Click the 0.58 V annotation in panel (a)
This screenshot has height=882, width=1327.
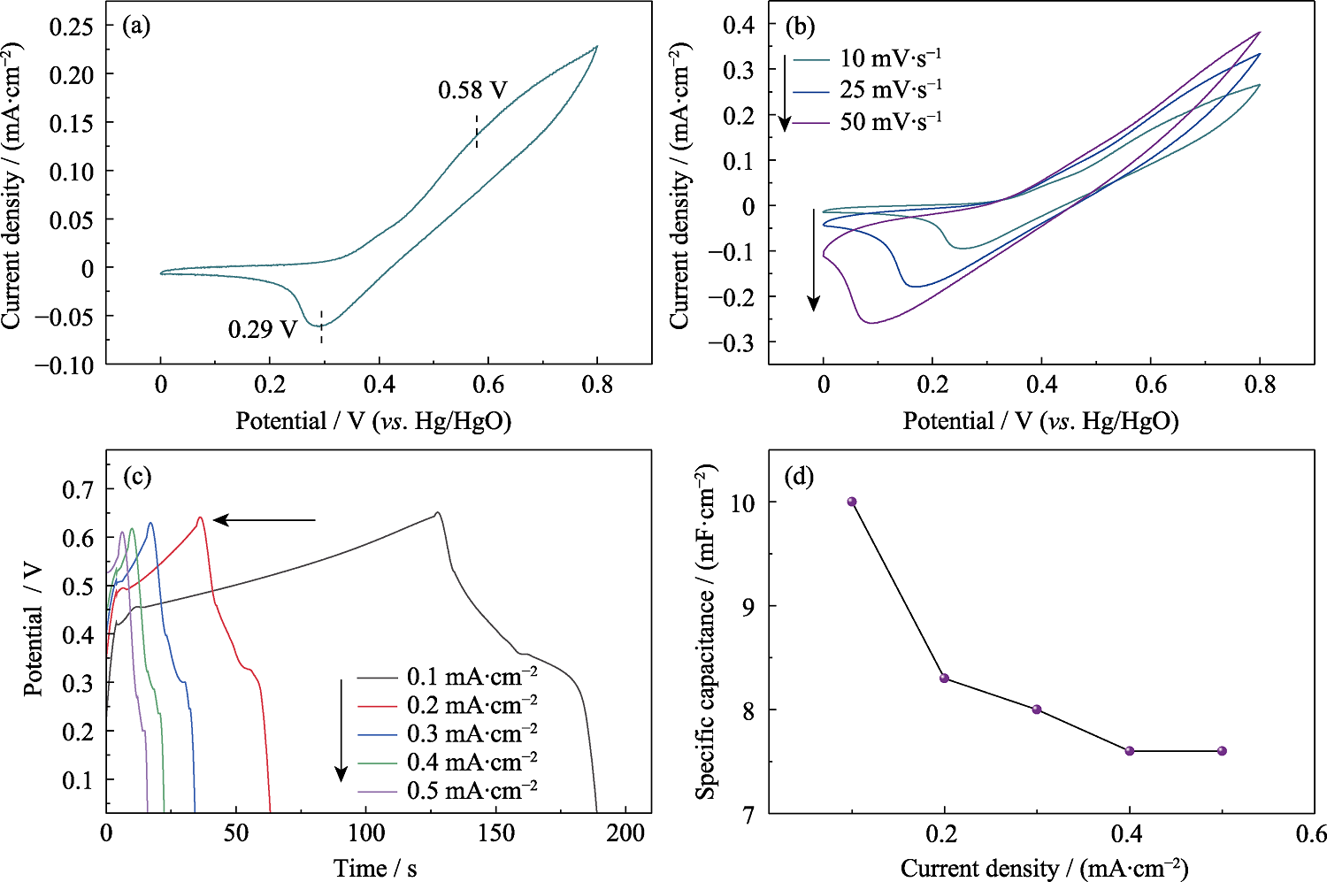coord(472,90)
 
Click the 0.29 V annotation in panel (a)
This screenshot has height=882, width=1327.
coord(263,330)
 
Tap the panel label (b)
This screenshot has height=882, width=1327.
coord(800,26)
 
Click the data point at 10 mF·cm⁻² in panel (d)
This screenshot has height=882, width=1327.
coord(852,502)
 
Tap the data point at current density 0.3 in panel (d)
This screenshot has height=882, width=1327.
coord(1037,709)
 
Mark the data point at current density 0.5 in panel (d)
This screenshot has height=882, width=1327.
coord(1222,751)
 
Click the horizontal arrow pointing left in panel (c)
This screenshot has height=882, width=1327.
coord(265,520)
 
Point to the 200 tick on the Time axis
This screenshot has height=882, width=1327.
coord(625,833)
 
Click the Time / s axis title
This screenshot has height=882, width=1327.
coord(375,868)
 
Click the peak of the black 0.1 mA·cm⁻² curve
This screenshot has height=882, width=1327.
coord(437,513)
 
